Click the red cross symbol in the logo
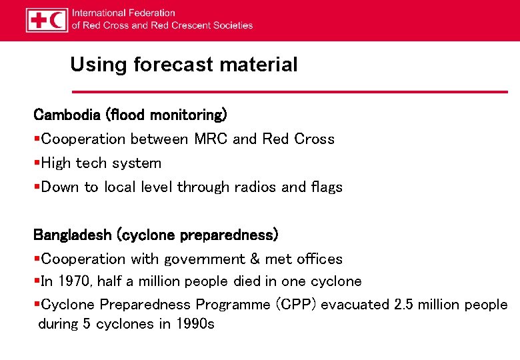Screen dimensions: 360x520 pyautogui.click(x=38, y=20)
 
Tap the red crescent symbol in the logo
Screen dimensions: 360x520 pyautogui.click(x=58, y=20)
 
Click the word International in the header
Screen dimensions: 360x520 pyautogui.click(x=99, y=13)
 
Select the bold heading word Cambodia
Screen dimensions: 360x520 pyautogui.click(x=67, y=115)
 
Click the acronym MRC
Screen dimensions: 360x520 pyautogui.click(x=211, y=139)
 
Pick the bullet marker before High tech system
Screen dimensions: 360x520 pyautogui.click(x=37, y=163)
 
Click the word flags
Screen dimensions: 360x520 pyautogui.click(x=325, y=187)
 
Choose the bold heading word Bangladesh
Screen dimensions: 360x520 pyautogui.click(x=73, y=235)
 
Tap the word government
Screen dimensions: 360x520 pyautogui.click(x=202, y=259)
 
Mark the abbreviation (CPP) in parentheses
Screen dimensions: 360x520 pyautogui.click(x=296, y=305)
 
